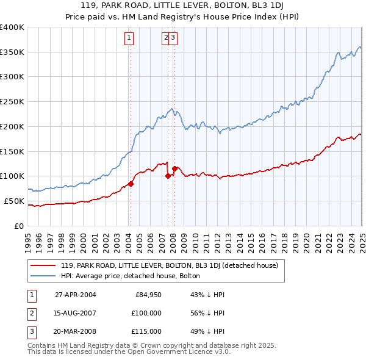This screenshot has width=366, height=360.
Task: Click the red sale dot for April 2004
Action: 131,183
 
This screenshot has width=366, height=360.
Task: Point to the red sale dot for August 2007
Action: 168,176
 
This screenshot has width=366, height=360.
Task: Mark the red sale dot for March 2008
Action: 174,168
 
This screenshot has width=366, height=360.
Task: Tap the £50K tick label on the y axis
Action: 14,201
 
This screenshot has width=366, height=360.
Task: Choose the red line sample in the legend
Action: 43,265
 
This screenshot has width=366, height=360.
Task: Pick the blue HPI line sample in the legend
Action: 43,276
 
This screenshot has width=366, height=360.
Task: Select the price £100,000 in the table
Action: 146,313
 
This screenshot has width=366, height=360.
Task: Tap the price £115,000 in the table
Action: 146,331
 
